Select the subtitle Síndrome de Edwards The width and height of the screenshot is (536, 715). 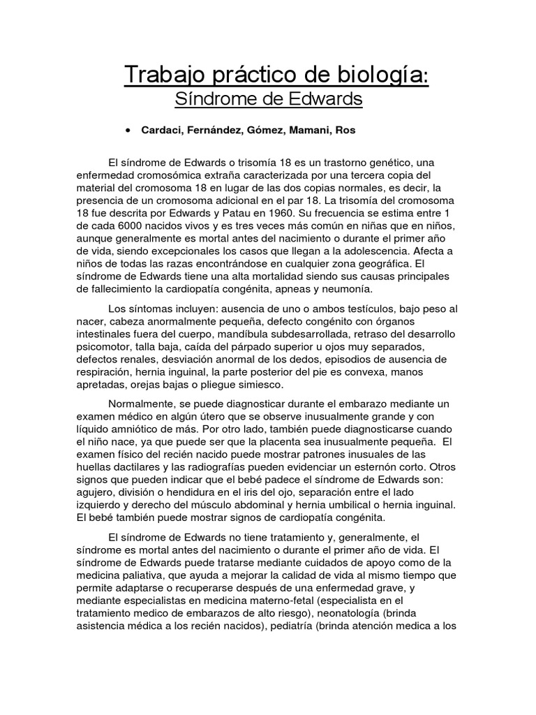(x=268, y=100)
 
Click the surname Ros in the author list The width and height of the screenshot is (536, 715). (x=345, y=131)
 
